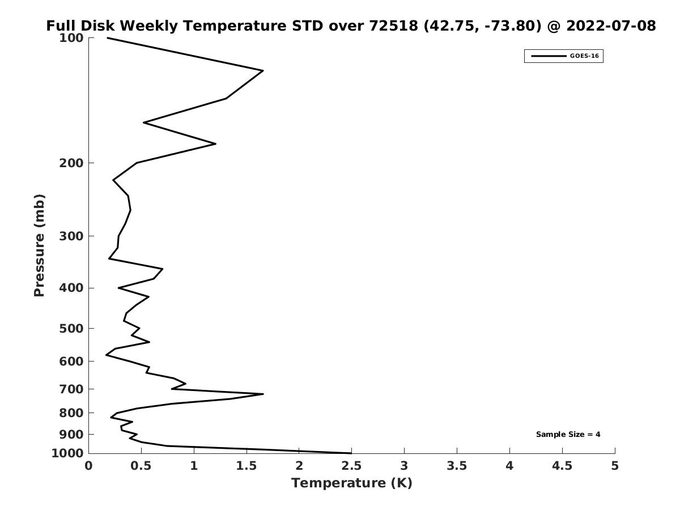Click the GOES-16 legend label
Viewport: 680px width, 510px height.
(584, 56)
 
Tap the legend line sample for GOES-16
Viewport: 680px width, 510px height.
(549, 56)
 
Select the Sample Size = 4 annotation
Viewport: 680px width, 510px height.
(568, 435)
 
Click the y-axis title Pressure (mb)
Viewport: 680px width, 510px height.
(39, 245)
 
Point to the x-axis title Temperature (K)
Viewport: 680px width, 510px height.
(352, 483)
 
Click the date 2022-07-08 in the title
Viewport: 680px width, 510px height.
(611, 25)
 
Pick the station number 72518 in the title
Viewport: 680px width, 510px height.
(393, 25)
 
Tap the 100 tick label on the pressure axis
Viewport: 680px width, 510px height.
(71, 38)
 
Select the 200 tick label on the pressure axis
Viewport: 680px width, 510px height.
(71, 163)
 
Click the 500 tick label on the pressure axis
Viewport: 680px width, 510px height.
(71, 328)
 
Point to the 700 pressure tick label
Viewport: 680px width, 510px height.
(71, 389)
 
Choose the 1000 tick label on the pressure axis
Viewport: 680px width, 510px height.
(68, 453)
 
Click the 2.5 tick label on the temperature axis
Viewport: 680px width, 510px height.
(352, 466)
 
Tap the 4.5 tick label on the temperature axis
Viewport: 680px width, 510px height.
(562, 466)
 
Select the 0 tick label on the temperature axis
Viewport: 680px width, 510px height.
(88, 466)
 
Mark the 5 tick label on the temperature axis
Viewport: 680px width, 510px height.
(615, 466)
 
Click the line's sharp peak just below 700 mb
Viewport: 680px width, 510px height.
(263, 394)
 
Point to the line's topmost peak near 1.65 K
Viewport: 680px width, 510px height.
(263, 71)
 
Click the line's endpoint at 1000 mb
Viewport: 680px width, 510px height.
(351, 453)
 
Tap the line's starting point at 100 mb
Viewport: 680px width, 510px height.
(107, 38)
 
